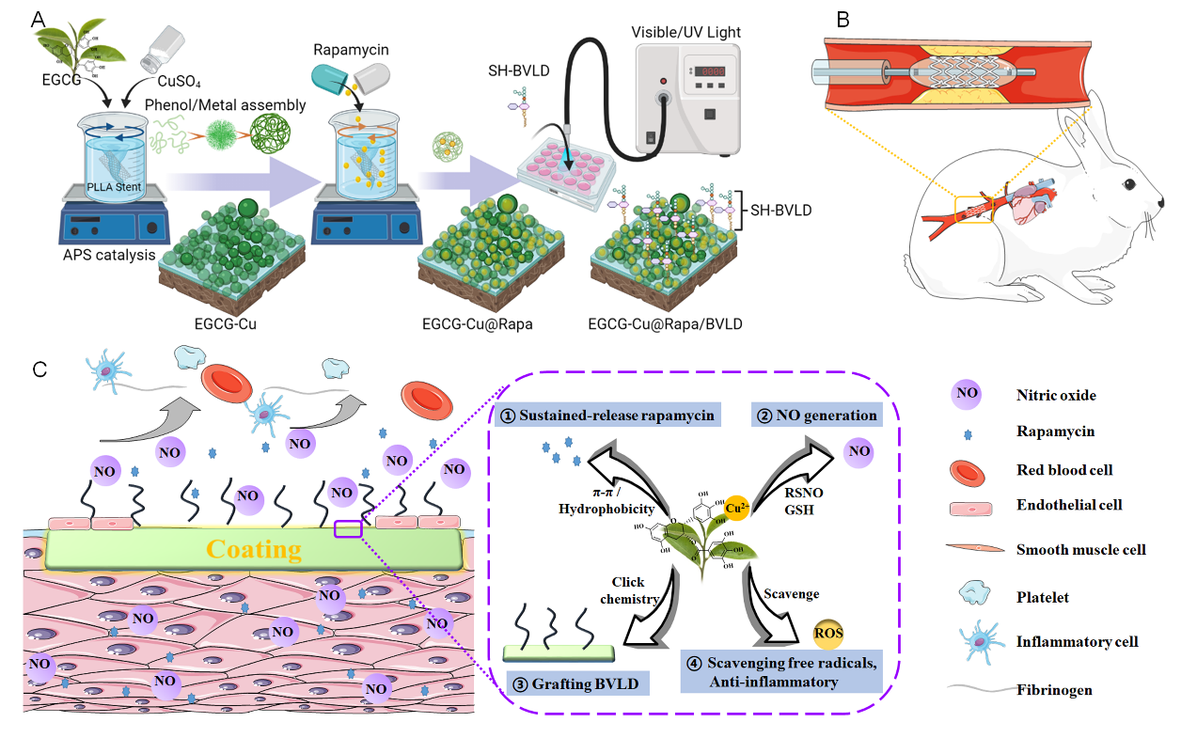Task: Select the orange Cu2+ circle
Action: (737, 508)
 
